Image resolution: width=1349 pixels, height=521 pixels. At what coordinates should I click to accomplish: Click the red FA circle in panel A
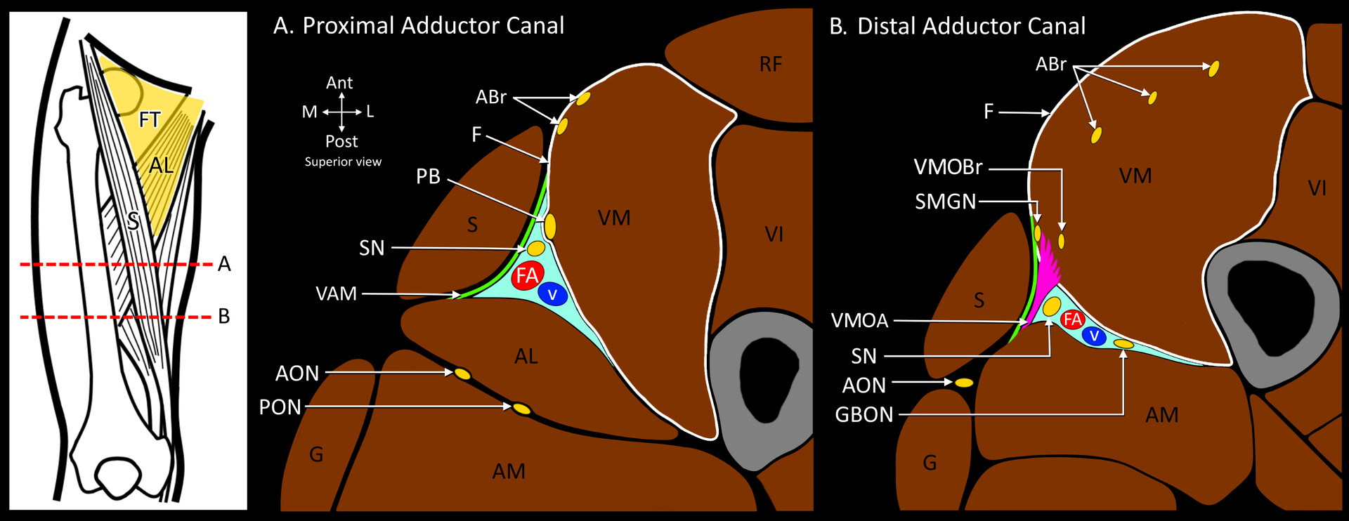coord(527,275)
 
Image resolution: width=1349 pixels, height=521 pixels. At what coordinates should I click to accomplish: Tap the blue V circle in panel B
coord(1094,336)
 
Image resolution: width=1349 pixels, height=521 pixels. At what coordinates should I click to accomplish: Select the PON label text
coord(280,407)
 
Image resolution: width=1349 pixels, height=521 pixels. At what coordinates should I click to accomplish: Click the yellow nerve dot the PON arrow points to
coord(521,408)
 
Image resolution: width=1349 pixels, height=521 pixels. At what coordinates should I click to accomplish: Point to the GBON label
coord(864,415)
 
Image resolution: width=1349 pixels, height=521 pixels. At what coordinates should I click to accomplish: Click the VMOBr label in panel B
coord(948,167)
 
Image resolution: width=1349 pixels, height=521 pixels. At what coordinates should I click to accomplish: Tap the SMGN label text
coord(945,202)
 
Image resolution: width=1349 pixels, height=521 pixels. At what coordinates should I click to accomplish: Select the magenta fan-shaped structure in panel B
coord(1047,267)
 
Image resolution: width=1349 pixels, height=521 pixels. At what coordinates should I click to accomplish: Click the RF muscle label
coord(770,65)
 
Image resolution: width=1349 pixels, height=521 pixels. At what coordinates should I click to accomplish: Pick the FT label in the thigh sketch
coord(150,120)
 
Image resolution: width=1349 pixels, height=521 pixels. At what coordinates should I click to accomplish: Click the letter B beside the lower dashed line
coord(224,317)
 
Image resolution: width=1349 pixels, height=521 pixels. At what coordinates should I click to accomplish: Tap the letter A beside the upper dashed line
coord(224,264)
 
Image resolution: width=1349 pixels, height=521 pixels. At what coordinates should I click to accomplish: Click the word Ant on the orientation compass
coord(339,83)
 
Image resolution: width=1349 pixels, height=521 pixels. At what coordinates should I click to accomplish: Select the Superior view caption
coord(343,162)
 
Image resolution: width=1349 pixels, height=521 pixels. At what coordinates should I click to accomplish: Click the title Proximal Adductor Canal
coord(433,26)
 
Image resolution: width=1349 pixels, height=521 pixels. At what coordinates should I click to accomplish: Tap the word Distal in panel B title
coord(887,27)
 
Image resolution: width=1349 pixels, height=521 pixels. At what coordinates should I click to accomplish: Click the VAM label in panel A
coord(336,294)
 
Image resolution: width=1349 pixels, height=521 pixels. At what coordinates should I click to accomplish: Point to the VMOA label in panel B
coord(859,321)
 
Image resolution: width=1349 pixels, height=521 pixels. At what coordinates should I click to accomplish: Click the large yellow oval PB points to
coord(550,226)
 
